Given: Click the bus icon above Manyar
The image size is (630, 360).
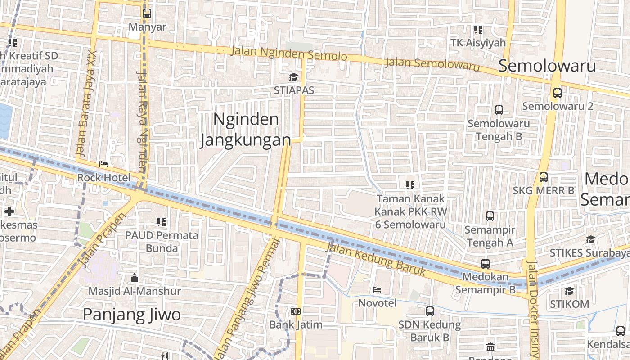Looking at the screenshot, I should point(147,13).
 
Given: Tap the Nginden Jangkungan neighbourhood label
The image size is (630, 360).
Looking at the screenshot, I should point(246,130).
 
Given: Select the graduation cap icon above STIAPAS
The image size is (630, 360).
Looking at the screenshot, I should point(293,77).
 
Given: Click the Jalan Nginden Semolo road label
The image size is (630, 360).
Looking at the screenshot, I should point(289,53).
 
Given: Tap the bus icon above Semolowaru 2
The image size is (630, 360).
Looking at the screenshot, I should point(557,93).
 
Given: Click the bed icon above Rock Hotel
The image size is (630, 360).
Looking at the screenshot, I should point(103,164).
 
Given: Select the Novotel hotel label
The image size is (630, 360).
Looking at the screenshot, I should point(377,303).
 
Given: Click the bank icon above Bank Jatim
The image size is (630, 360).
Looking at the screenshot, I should point(296,311).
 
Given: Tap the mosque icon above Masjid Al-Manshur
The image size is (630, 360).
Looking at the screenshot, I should point(134,278).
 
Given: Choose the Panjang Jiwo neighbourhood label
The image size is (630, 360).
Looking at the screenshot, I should point(132,314).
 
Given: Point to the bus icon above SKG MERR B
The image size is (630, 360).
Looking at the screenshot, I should point(544,177).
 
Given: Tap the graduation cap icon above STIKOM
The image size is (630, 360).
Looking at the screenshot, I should point(569,291).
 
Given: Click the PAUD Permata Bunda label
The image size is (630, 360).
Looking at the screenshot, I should point(162,242).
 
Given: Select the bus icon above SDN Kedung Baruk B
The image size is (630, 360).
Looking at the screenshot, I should point(430,311).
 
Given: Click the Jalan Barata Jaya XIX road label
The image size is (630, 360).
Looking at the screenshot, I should point(86,104).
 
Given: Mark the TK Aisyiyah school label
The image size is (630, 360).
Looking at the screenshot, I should point(478,43).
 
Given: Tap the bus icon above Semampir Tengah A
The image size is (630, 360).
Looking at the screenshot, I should point(490,216).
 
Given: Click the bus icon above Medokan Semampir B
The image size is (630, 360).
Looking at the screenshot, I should point(485,264).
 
